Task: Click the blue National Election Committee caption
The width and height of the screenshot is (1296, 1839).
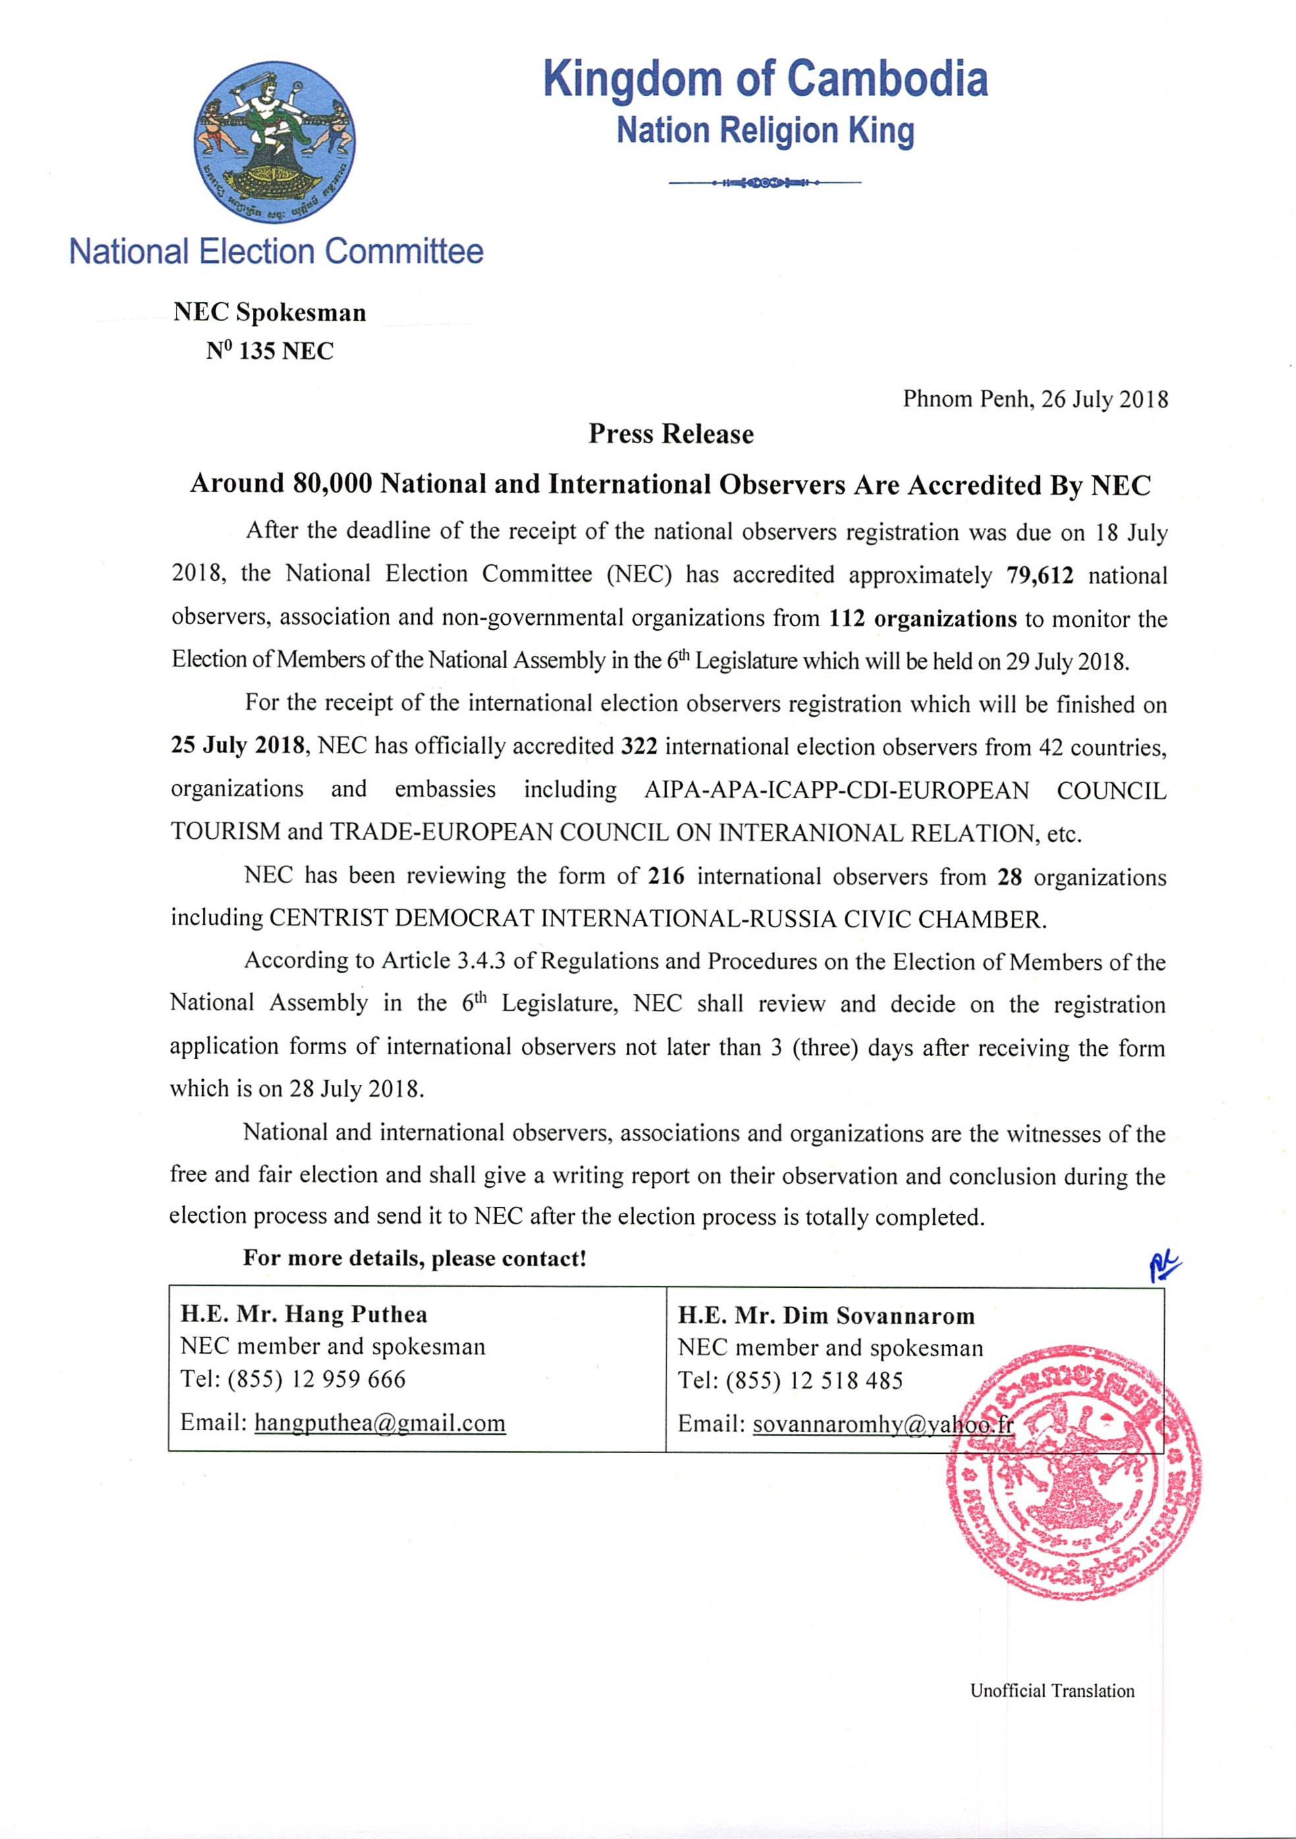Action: [277, 252]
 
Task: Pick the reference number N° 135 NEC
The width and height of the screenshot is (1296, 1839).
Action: [269, 351]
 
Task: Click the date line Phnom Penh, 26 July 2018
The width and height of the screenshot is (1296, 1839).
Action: [1035, 399]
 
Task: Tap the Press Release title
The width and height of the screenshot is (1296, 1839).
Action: [671, 434]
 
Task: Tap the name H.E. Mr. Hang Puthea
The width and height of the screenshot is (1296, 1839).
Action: [304, 1314]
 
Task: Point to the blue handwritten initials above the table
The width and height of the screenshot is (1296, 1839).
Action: [1164, 1267]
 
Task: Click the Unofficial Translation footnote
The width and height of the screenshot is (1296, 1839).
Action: [1052, 1691]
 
